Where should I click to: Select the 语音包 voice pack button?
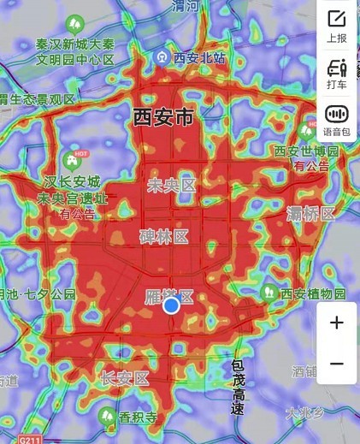pos(337,119)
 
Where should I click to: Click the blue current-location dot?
pos(171,305)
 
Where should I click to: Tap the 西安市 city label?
pos(163,118)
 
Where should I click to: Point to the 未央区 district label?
pos(171,186)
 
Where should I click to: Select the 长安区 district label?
pos(125,377)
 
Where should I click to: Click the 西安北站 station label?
pos(199,58)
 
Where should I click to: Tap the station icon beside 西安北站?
pos(162,57)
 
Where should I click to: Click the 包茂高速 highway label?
pos(238,387)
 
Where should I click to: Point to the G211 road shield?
pos(29,439)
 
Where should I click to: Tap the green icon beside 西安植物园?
pos(269,293)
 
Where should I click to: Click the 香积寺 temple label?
pos(137,417)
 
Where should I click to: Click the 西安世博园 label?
pos(306,151)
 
